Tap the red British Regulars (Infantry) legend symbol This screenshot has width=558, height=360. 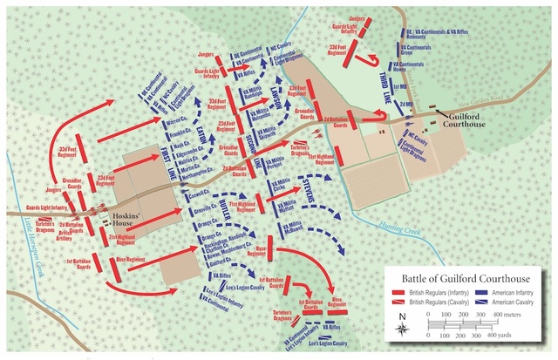[399, 290]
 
